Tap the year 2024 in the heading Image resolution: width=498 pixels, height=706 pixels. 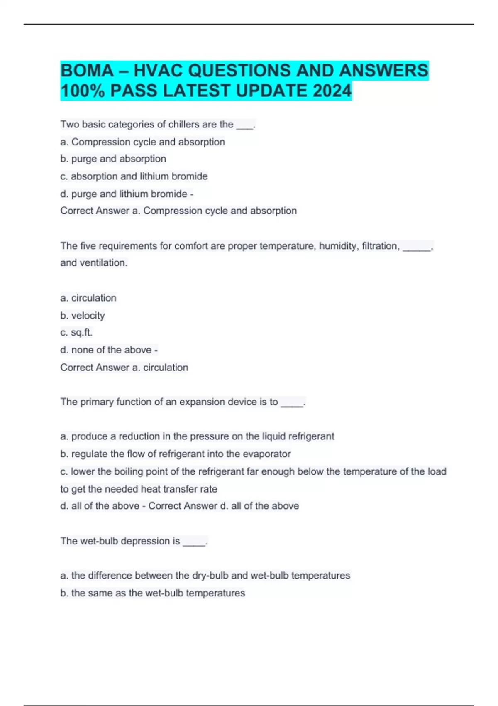click(x=332, y=91)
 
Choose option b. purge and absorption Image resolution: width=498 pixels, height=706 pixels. click(x=113, y=159)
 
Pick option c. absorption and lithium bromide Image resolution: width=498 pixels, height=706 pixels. click(x=134, y=176)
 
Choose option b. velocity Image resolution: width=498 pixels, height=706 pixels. click(x=83, y=316)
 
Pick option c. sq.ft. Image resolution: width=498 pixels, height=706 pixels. click(x=76, y=333)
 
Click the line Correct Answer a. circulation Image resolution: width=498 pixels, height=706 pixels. click(x=124, y=368)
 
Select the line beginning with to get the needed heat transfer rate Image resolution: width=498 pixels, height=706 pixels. click(x=139, y=489)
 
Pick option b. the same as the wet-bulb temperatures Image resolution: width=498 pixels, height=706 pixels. click(x=153, y=593)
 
